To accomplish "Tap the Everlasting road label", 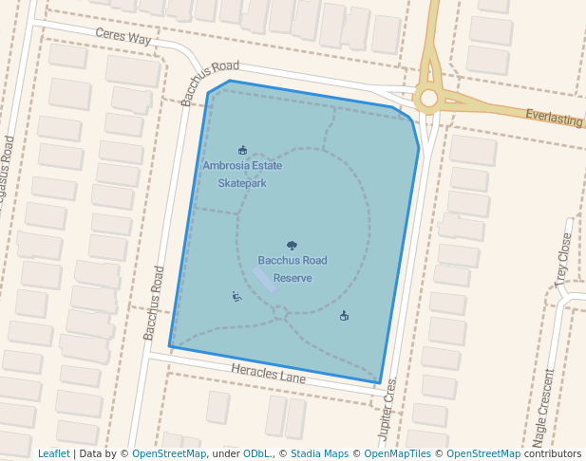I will (x=554, y=119).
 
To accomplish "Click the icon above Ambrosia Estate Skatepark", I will (x=242, y=150).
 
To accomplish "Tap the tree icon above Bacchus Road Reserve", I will (x=292, y=246).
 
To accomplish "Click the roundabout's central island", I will (x=428, y=98).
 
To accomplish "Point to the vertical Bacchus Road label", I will (x=154, y=302).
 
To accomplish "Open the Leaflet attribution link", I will (x=54, y=453).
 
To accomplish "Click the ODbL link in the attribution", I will (x=256, y=453).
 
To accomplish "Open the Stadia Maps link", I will (x=320, y=453).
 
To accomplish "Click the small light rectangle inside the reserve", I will (x=265, y=279).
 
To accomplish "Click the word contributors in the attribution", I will (x=552, y=453).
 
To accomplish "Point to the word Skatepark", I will (x=242, y=183).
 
